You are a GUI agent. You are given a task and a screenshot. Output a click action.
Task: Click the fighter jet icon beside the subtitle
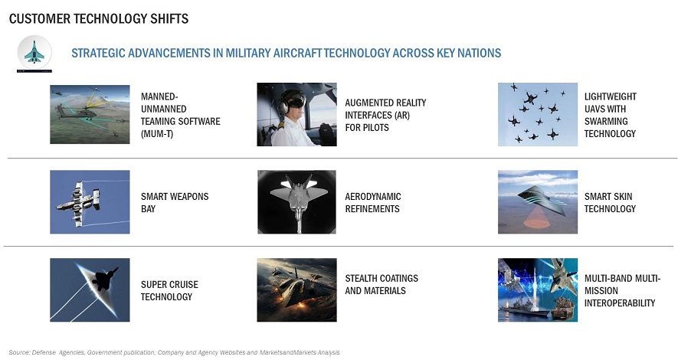[34, 52]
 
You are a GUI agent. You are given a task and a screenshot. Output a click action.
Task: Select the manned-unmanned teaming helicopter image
[90, 114]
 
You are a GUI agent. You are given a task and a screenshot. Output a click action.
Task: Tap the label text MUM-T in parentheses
[157, 134]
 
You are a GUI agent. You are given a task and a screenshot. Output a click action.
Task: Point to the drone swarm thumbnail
[538, 114]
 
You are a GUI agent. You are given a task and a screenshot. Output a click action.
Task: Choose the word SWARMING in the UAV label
[606, 122]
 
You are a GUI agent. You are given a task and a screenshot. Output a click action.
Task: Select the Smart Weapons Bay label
[175, 203]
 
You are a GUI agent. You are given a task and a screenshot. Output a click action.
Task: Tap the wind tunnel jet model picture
[296, 201]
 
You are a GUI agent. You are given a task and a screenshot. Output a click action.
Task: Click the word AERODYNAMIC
[373, 197]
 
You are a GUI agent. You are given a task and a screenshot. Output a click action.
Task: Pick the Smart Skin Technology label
[610, 203]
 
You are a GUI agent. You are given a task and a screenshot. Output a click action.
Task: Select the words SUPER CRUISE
[169, 285]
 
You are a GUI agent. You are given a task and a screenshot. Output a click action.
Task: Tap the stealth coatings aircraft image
[296, 290]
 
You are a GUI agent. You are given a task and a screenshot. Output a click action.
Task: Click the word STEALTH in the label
[363, 278]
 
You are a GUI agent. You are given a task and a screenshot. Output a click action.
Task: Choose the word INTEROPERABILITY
[620, 303]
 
